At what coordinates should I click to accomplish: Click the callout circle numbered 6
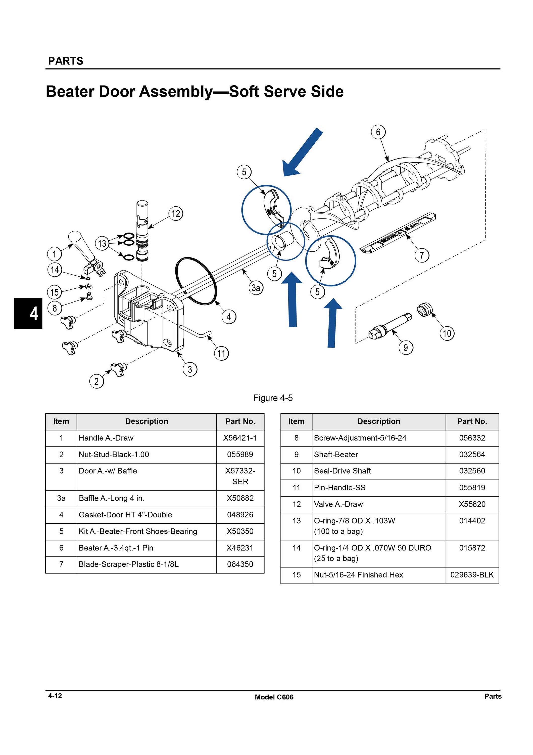point(378,132)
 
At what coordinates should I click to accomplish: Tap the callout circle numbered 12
point(176,214)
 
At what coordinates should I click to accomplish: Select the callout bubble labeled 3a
point(256,288)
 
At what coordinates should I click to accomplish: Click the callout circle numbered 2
point(96,382)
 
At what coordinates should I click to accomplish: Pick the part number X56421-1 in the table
point(240,438)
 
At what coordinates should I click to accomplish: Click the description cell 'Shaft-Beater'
point(336,455)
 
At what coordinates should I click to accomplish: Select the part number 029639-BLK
point(472,575)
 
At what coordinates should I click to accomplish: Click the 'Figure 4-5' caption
point(273,398)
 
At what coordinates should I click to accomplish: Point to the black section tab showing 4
point(28,313)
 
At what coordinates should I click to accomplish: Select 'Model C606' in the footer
point(274,697)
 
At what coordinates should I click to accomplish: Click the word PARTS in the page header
point(66,61)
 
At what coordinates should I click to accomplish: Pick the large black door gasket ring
point(196,281)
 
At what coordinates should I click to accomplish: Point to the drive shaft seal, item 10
point(425,310)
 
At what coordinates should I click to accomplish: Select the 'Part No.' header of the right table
point(472,422)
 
